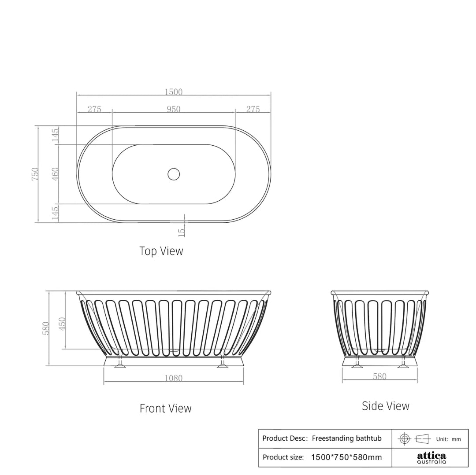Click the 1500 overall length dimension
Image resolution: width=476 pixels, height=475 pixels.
[173, 92]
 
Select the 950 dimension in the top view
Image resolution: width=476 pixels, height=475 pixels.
[173, 109]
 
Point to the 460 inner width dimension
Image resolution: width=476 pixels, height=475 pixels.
[55, 174]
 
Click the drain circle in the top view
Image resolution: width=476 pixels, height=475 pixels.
[174, 174]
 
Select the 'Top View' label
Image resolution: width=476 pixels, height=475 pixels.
[161, 251]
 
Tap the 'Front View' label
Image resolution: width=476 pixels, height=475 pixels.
[165, 409]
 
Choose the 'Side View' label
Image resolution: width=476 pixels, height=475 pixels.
[385, 406]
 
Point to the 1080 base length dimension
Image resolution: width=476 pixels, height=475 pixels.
[173, 378]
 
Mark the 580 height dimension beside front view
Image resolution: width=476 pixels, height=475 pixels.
[45, 328]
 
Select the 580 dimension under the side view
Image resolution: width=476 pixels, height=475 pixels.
[379, 376]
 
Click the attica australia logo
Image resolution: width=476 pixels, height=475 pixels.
[431, 458]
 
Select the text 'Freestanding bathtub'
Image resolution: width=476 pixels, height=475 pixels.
[346, 438]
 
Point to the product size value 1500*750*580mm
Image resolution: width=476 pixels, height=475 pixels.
[346, 457]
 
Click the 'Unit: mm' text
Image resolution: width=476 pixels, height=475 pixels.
[448, 439]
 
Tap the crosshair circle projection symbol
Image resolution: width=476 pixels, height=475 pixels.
[405, 438]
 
